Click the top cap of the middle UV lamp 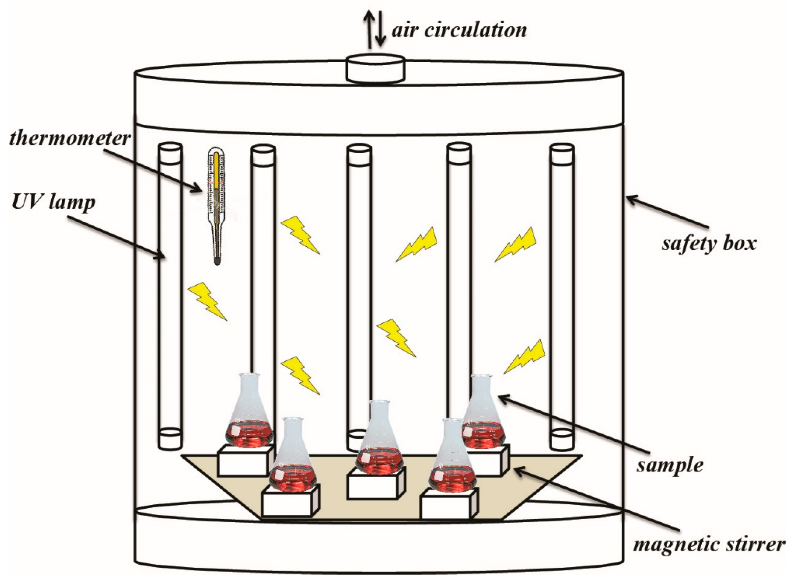click(x=359, y=149)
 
